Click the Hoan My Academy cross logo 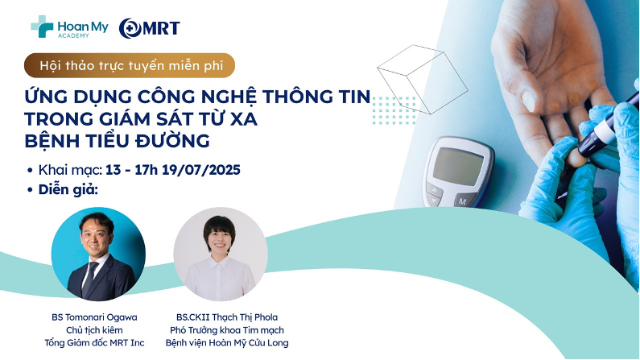[x=42, y=27]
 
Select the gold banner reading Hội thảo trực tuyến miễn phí [x=130, y=65]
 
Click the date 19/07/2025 [x=201, y=170]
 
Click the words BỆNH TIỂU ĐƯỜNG [x=118, y=141]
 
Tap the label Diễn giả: [x=68, y=190]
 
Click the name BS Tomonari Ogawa [x=94, y=317]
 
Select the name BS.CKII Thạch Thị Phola [x=227, y=317]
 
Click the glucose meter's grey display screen [x=457, y=166]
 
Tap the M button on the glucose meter [x=463, y=201]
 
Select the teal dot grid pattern [x=394, y=110]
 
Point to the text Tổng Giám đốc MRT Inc [x=94, y=342]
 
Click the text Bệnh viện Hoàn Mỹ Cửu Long [x=227, y=342]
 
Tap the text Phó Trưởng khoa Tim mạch [x=227, y=329]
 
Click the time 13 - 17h [x=131, y=170]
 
